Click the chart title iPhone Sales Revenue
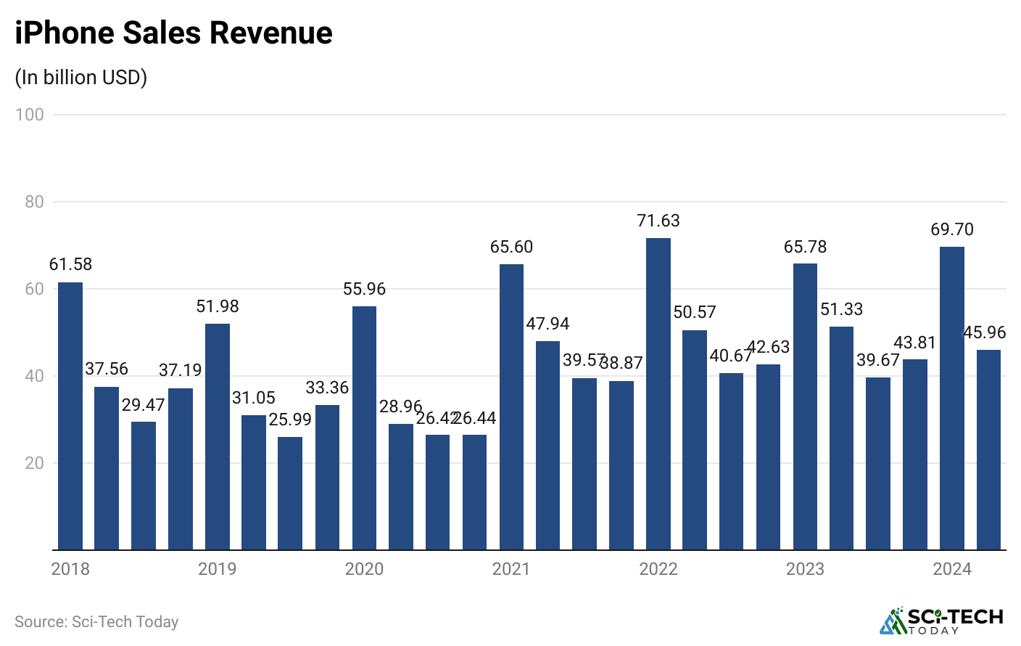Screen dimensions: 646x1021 (x=173, y=33)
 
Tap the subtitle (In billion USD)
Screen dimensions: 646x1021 (x=81, y=77)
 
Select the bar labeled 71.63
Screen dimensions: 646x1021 (x=658, y=393)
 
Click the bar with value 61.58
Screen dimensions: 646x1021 (x=70, y=416)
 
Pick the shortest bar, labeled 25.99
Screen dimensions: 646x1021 (x=290, y=493)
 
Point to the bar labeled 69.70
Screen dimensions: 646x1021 (x=951, y=398)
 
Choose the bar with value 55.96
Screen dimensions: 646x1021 (x=364, y=428)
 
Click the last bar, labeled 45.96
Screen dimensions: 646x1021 (x=988, y=449)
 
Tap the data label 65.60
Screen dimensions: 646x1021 (x=511, y=247)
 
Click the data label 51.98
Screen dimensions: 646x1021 (x=218, y=306)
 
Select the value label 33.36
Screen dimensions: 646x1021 (x=327, y=388)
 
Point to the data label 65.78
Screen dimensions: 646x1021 (x=805, y=247)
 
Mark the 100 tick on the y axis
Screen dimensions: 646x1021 (x=30, y=115)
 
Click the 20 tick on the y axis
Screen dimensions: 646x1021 (x=34, y=463)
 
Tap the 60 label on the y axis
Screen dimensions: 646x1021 (x=34, y=289)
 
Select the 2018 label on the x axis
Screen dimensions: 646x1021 (x=70, y=569)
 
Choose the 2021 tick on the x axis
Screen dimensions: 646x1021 (x=511, y=569)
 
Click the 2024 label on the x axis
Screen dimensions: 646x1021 (x=951, y=569)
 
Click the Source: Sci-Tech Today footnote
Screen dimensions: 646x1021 (x=96, y=622)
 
